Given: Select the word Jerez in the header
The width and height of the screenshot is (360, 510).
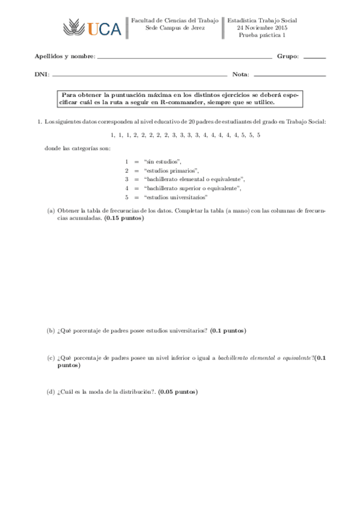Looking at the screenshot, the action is (197, 28).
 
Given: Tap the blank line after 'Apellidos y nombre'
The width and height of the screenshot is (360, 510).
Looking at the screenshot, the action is (184, 57).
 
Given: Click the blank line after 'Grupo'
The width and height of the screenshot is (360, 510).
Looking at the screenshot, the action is (314, 57).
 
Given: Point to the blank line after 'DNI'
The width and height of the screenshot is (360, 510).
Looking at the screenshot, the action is (140, 76).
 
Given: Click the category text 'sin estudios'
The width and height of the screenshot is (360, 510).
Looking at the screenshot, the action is (163, 161).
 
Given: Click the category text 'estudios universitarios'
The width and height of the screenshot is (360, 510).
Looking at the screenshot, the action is (176, 197).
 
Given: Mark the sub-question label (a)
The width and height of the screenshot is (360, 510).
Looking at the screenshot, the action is (51, 210).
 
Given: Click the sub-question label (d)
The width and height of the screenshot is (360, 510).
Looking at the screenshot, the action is (51, 392).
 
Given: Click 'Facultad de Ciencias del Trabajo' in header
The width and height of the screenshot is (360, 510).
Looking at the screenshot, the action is (175, 20).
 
